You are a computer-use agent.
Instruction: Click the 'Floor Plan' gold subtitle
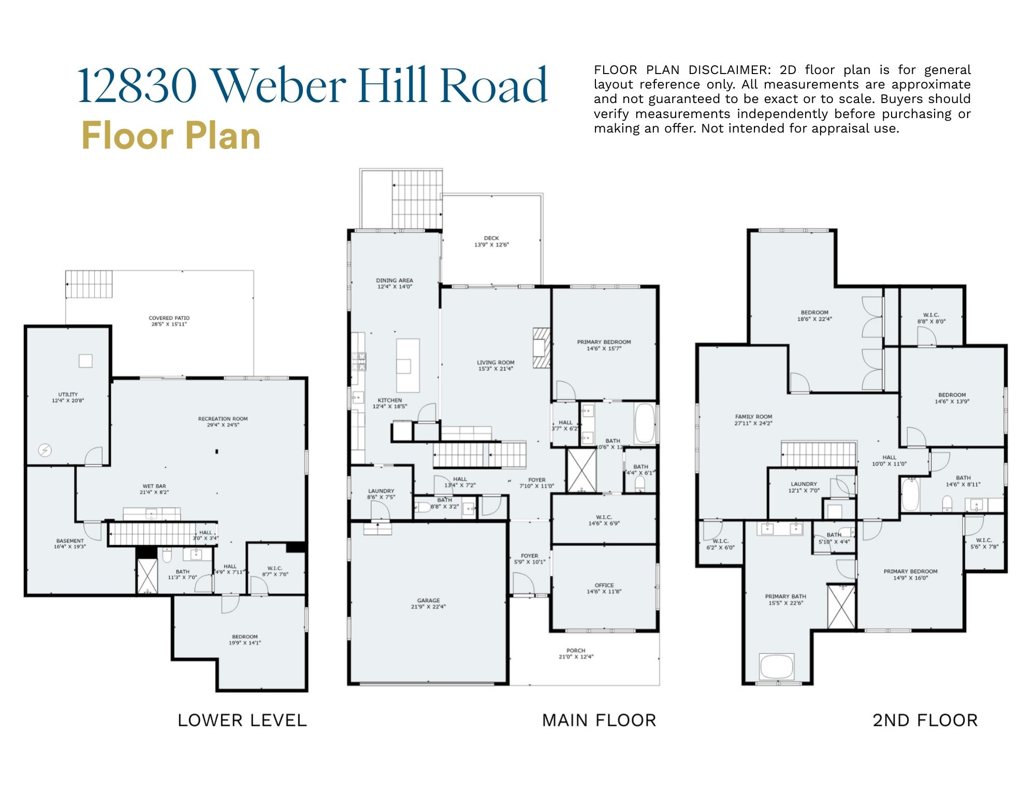[x=171, y=136]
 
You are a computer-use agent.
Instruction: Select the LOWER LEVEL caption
[x=242, y=720]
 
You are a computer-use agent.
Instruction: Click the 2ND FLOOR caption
[x=925, y=720]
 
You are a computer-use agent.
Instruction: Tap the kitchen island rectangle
[x=407, y=365]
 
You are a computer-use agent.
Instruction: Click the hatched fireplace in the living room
[x=542, y=347]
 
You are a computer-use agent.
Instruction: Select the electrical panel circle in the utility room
[x=45, y=450]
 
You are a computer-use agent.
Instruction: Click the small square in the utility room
[x=85, y=361]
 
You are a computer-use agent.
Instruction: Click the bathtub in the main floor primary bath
[x=645, y=424]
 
